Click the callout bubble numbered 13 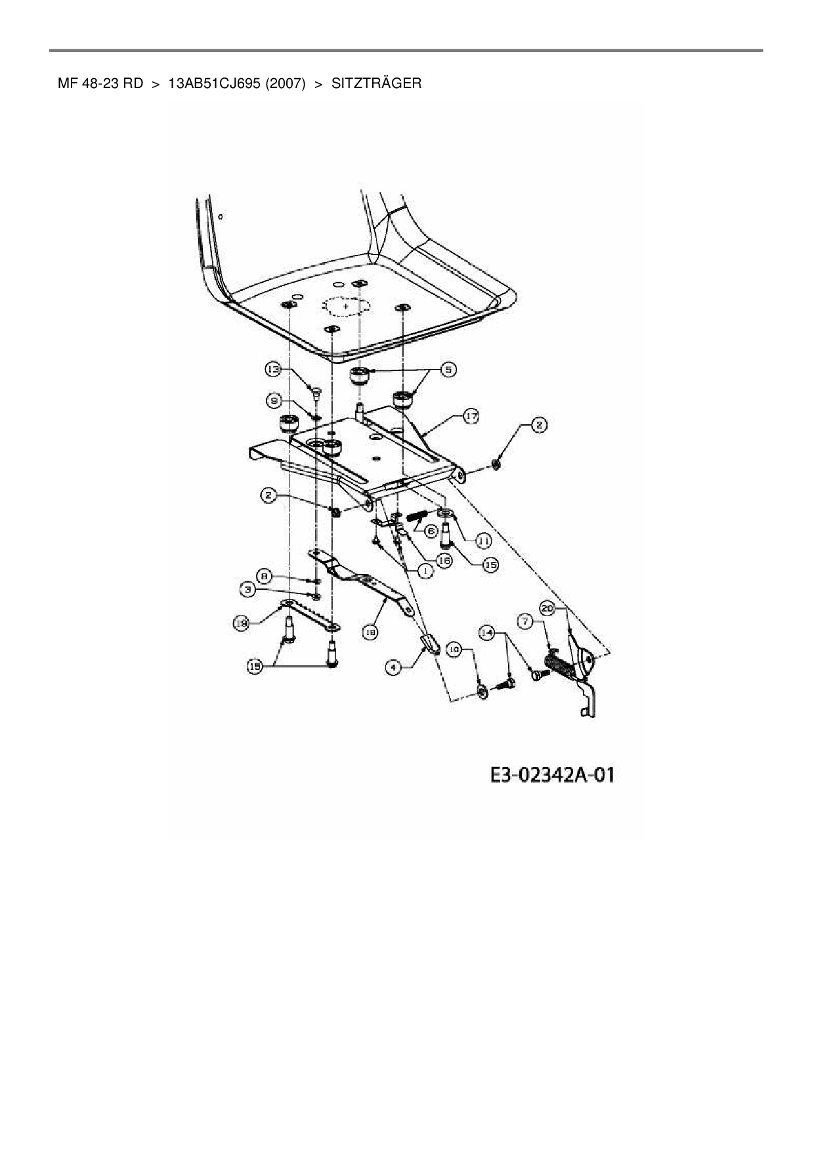[x=272, y=370]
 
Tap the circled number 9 [x=274, y=399]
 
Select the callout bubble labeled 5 [x=448, y=370]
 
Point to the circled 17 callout [x=471, y=416]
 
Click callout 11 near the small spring [x=483, y=541]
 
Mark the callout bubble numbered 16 [x=444, y=560]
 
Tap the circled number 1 [x=425, y=571]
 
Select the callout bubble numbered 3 [x=249, y=590]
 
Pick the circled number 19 [x=242, y=623]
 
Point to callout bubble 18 [x=370, y=631]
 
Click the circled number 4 [x=393, y=667]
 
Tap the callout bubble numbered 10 [x=454, y=650]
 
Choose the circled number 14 [x=486, y=632]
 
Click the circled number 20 [x=547, y=608]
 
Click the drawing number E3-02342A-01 [x=552, y=775]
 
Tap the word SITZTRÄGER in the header [x=376, y=83]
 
